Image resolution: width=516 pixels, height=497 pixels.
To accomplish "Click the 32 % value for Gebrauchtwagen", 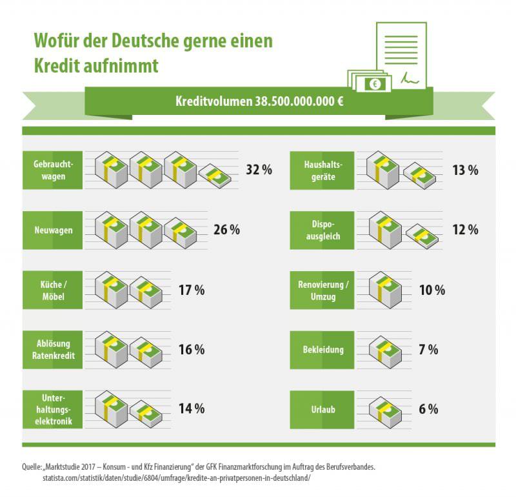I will (x=259, y=170).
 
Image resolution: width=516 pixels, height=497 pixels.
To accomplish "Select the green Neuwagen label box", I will (x=52, y=230).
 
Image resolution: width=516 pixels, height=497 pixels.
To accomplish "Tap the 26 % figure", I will (x=226, y=230).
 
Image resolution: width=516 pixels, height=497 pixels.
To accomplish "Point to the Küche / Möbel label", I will (x=52, y=290).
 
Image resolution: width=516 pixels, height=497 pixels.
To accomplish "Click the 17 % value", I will (x=192, y=290).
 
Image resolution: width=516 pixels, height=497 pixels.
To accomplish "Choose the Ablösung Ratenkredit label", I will (x=52, y=349).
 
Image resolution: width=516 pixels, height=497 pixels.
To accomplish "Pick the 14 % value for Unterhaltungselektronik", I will (x=192, y=409).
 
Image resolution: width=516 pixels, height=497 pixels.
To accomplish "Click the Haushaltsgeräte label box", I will (x=322, y=170).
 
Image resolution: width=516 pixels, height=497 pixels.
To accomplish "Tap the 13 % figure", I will (x=465, y=170).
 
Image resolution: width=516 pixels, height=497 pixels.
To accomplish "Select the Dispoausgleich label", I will (x=322, y=230).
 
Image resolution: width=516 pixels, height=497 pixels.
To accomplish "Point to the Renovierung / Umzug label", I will (x=322, y=290).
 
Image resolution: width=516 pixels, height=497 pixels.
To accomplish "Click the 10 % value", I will (x=432, y=290).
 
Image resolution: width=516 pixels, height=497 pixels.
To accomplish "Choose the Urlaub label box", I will (x=322, y=409).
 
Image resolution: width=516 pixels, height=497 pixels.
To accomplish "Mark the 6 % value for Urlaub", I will (x=428, y=409).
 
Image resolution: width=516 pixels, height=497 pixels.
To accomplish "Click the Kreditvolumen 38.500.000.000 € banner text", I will (x=259, y=102).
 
